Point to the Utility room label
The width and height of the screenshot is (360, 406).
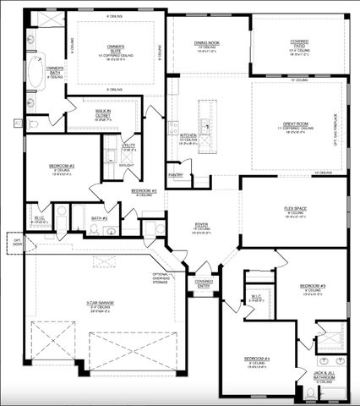coord(128,147)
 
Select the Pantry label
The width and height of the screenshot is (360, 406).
coord(176,175)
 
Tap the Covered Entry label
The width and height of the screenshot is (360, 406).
coord(204,283)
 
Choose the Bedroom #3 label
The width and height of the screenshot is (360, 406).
coord(313,288)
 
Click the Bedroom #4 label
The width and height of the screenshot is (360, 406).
coord(257,360)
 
